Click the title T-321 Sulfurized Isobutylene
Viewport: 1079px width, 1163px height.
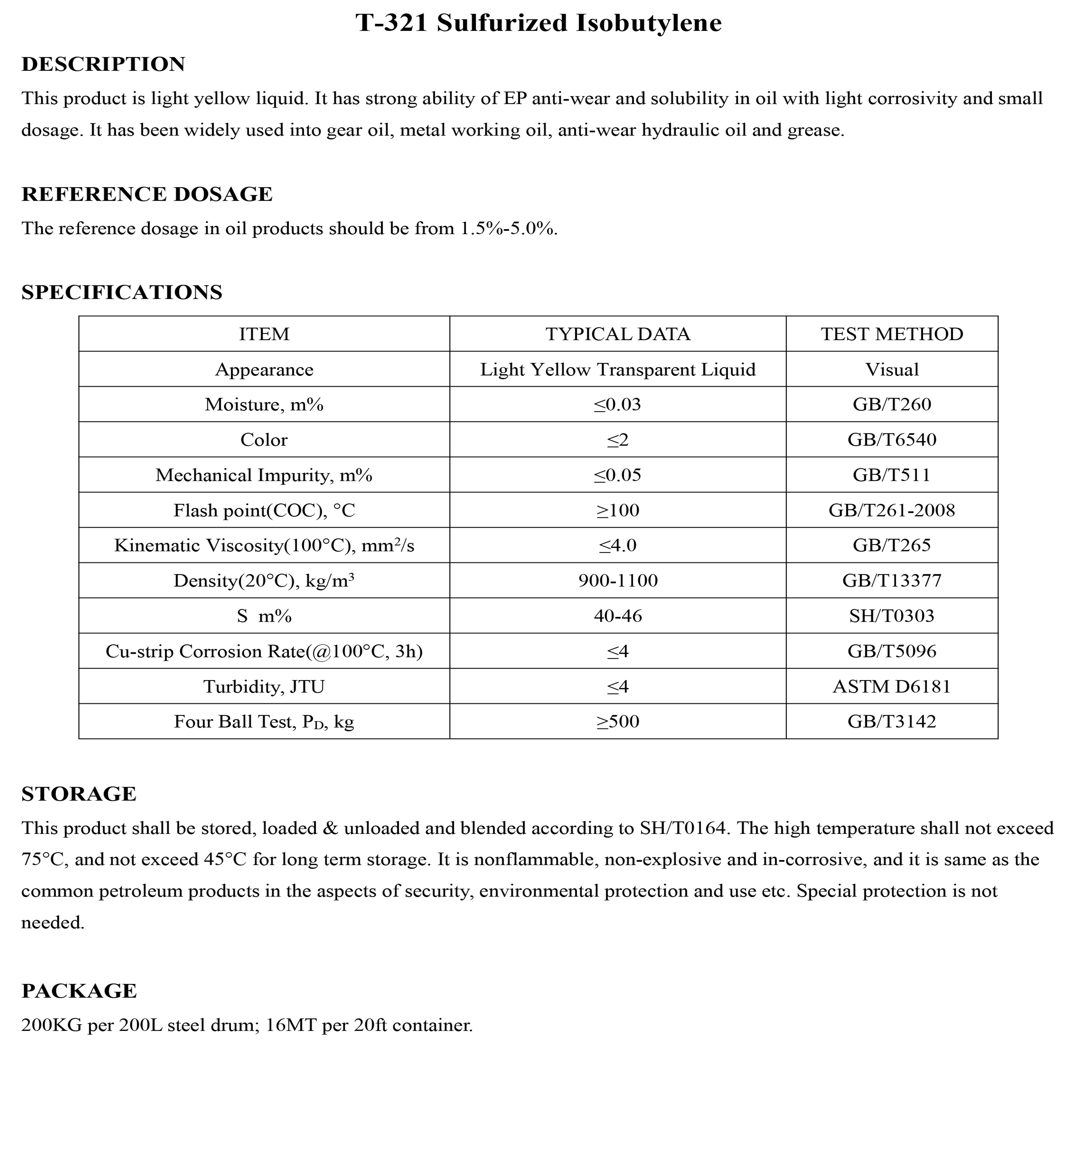[538, 23]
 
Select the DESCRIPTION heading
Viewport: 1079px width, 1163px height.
[103, 64]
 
